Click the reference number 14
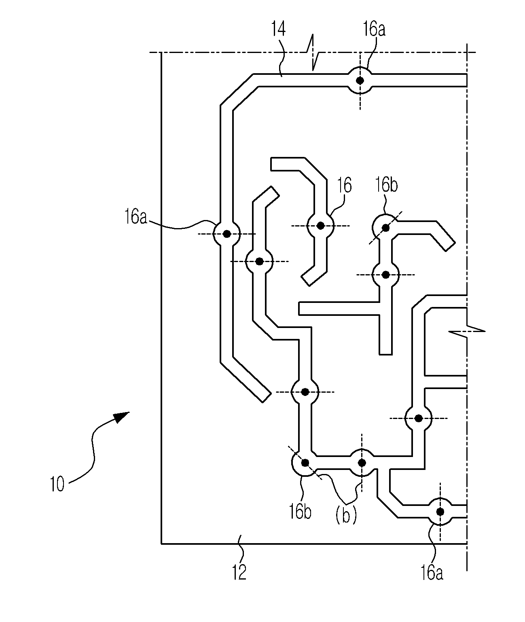point(278,30)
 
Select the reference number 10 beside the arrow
point(57,484)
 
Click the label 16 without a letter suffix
point(344,185)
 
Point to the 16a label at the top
point(374,30)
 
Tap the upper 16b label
point(386,185)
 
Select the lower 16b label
point(300,512)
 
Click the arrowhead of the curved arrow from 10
point(122,417)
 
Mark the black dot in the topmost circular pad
point(360,80)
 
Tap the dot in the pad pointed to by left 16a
point(227,234)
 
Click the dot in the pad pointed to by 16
point(320,226)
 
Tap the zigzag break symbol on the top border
point(313,53)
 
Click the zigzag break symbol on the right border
point(467,331)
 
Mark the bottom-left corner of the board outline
point(161,544)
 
